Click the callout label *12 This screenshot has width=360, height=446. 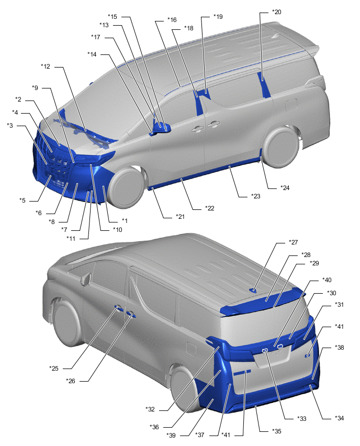pos(46,66)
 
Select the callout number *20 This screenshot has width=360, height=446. pos(276,12)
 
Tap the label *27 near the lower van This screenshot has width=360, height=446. pos(293,242)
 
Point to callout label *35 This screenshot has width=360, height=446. pos(276,431)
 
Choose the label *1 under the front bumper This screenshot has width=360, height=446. pos(125,221)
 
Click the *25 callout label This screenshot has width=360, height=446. pos(54,369)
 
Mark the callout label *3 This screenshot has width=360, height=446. pos(10,126)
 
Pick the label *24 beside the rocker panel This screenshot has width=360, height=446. pos(285,188)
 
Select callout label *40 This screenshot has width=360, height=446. pos(327,280)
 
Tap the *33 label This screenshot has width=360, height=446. pos(302,419)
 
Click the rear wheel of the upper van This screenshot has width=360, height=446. pos(281,147)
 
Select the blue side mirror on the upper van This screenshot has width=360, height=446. pos(162,127)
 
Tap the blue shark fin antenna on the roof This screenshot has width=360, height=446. pos(253,291)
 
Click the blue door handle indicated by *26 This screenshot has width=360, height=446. pos(131,314)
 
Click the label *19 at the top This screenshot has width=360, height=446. pos(218,17)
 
